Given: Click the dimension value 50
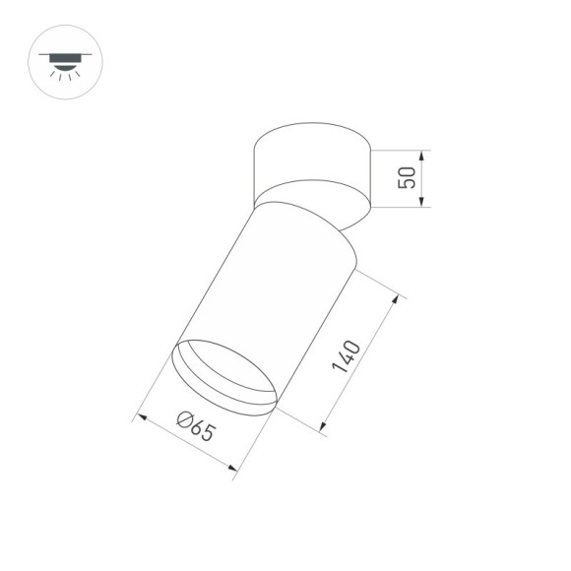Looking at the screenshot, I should pos(403,178).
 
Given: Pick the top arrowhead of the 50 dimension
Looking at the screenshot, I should pos(421,155).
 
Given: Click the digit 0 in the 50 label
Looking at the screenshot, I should pos(403,170).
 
